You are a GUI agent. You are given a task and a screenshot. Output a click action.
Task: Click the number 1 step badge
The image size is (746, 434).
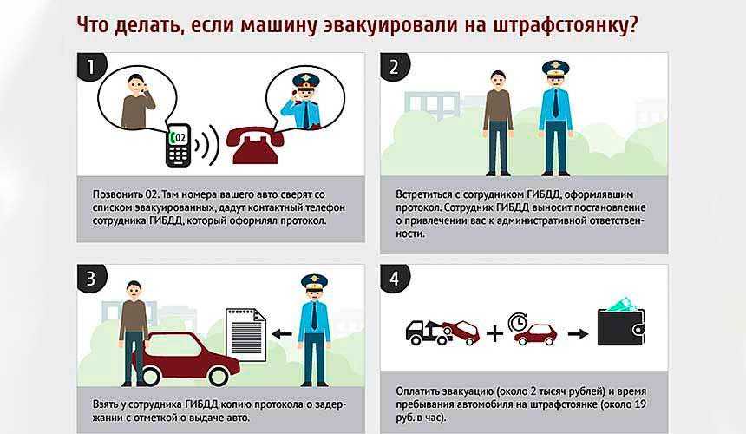click(x=91, y=67)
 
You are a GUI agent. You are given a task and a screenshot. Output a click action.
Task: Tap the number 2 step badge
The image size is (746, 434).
click(x=395, y=67)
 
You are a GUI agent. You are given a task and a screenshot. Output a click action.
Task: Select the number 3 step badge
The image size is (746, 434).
click(x=91, y=279)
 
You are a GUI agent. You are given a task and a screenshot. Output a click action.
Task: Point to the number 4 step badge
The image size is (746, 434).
click(x=395, y=279)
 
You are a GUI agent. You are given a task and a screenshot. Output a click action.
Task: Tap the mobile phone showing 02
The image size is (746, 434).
click(x=178, y=145)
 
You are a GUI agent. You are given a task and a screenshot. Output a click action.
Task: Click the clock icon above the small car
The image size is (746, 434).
click(x=517, y=322)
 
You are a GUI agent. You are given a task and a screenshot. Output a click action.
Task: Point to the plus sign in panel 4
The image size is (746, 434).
click(x=494, y=333)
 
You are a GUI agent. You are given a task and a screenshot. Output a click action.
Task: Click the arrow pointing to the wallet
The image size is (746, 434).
click(x=578, y=334)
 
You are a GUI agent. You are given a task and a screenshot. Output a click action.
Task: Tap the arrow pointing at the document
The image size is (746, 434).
click(x=282, y=334)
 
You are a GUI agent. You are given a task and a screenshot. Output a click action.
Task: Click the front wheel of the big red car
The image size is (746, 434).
click(x=218, y=376)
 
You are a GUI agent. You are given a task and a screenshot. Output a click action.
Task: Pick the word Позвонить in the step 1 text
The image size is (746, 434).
click(x=117, y=194)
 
